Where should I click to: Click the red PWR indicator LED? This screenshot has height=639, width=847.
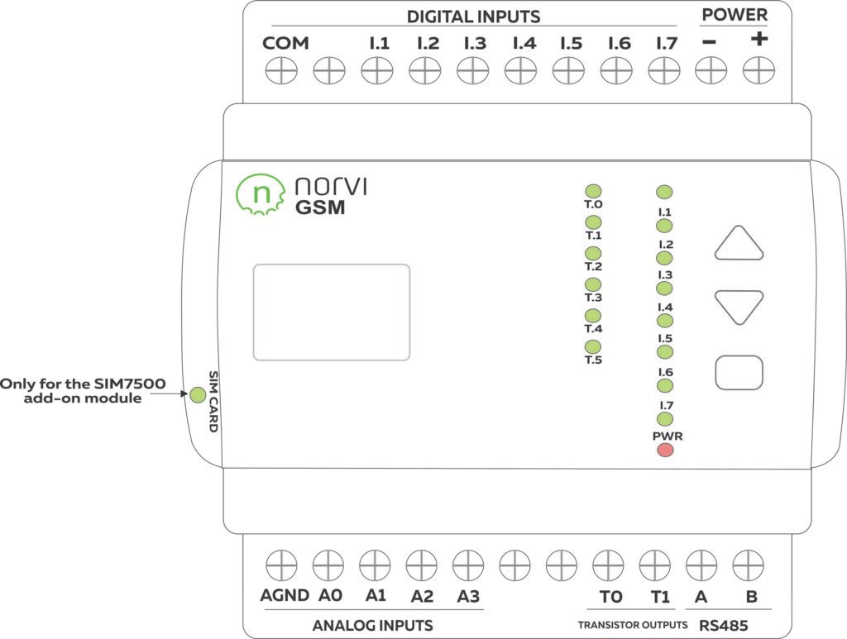pos(664,451)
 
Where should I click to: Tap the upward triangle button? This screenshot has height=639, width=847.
pos(739,246)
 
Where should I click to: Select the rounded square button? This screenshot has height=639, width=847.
pos(739,373)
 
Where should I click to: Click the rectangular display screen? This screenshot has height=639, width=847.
pos(331,312)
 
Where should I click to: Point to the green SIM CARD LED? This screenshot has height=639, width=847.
pos(198,395)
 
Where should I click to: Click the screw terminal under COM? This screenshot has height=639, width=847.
pos(281,72)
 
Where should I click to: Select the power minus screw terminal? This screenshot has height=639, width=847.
pos(710,72)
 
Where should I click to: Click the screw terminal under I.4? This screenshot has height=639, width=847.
pos(520,72)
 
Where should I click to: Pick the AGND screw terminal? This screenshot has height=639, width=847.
pos(281,566)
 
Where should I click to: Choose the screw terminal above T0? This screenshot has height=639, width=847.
pos(609,566)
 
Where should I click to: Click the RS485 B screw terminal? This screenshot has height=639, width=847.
pos(749,566)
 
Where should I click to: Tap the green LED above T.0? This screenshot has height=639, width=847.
pos(593,192)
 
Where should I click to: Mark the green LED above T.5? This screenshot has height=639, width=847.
pos(593,347)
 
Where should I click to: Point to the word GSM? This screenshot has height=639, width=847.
pos(320,207)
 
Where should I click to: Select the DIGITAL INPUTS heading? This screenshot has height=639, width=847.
pos(473,17)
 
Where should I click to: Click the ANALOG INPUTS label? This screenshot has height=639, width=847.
pos(372,625)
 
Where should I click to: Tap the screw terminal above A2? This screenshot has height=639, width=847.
pos(421,566)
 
